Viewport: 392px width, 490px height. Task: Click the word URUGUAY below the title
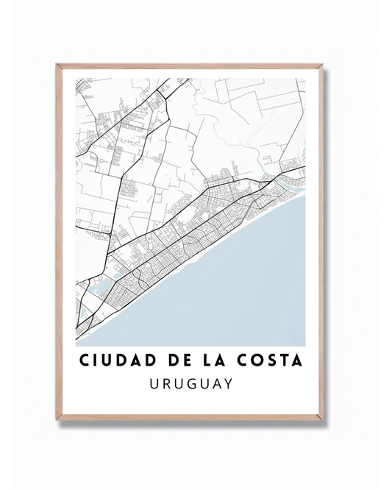click(190, 384)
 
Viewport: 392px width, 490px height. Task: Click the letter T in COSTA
click(285, 362)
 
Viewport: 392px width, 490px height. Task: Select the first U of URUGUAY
click(153, 384)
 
